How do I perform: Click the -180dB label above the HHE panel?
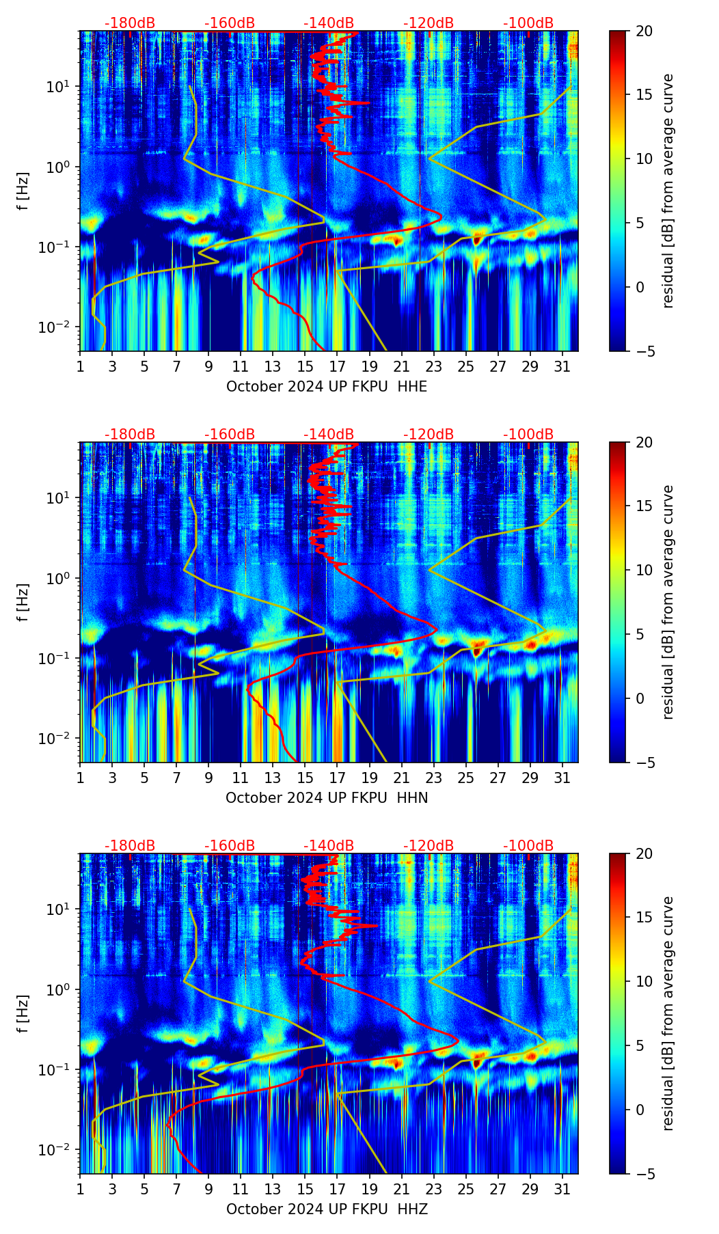[130, 23]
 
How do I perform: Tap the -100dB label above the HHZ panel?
[528, 846]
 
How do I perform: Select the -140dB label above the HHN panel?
[329, 435]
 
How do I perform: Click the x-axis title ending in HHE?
[327, 387]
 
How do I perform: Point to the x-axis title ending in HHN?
[327, 798]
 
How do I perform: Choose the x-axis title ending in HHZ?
[327, 1209]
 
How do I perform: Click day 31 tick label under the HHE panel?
[562, 366]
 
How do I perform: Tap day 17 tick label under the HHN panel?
[338, 778]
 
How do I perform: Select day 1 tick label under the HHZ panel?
[80, 1189]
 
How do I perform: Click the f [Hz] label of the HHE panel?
[23, 191]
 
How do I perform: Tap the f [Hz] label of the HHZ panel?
[23, 1014]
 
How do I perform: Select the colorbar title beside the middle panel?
[668, 602]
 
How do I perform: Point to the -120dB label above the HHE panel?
[429, 23]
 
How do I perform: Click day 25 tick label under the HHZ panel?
[466, 1189]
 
